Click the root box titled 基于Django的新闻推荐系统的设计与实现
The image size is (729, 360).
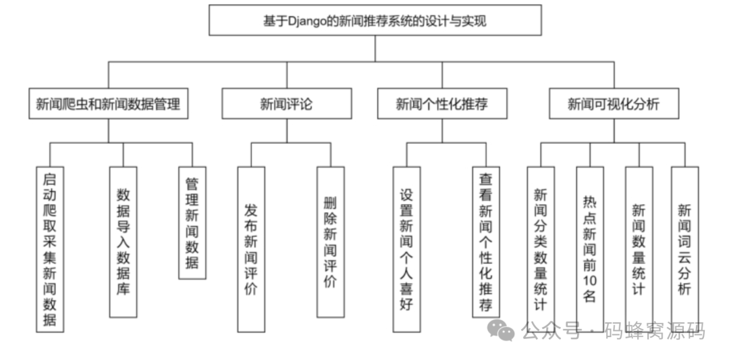(x=375, y=20)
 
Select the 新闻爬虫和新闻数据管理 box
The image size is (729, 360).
(x=108, y=104)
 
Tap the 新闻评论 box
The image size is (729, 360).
(x=286, y=104)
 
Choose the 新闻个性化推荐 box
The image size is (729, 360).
(x=442, y=104)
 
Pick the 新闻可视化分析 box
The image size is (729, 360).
(x=614, y=104)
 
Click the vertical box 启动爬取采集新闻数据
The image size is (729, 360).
(x=50, y=249)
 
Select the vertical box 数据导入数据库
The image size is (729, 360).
(x=123, y=242)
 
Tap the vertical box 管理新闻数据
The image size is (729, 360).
(x=192, y=223)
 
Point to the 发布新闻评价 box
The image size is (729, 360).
(x=251, y=249)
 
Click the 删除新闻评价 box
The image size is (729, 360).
(x=330, y=242)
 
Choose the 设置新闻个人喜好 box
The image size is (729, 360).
(x=406, y=249)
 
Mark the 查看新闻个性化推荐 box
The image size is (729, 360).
(x=486, y=242)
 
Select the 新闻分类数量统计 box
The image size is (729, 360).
(x=541, y=249)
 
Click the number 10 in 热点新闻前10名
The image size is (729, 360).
(x=589, y=279)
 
